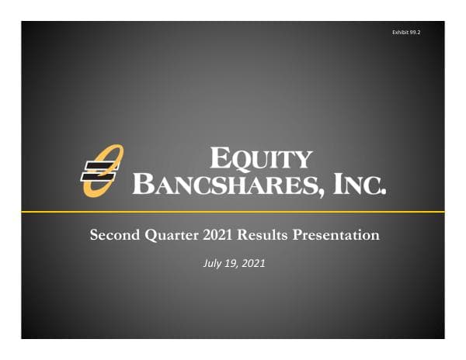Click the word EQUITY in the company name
(261, 159)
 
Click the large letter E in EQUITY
(221, 158)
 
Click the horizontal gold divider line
(233, 212)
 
